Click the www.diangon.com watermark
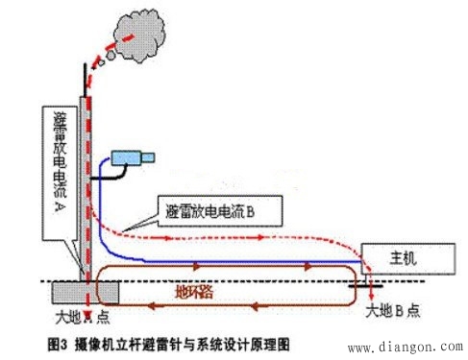404,347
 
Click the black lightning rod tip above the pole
86,78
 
